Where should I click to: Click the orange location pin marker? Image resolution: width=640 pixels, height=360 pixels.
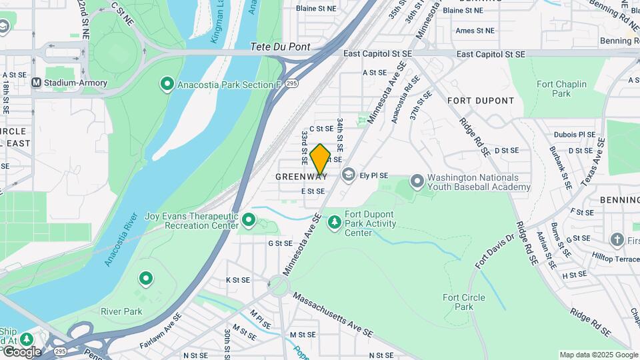pyautogui.click(x=321, y=159)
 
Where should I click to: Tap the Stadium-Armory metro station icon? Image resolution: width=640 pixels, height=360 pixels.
pyautogui.click(x=37, y=82)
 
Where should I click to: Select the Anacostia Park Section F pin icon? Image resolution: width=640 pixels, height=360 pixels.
pyautogui.click(x=166, y=85)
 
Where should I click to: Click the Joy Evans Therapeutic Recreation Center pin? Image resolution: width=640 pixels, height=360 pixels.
pyautogui.click(x=249, y=219)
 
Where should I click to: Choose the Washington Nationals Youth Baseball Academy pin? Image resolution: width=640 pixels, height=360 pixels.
pyautogui.click(x=417, y=181)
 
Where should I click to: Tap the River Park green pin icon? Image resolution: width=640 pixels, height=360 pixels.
pyautogui.click(x=145, y=278)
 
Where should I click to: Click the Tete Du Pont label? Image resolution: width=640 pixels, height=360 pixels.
pyautogui.click(x=281, y=47)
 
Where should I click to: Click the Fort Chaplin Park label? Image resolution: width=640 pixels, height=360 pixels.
pyautogui.click(x=561, y=89)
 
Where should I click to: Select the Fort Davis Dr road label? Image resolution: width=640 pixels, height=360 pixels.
pyautogui.click(x=494, y=252)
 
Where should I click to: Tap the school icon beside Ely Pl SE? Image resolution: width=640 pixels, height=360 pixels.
pyautogui.click(x=348, y=175)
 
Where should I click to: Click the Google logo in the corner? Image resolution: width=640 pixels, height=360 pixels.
pyautogui.click(x=21, y=351)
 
